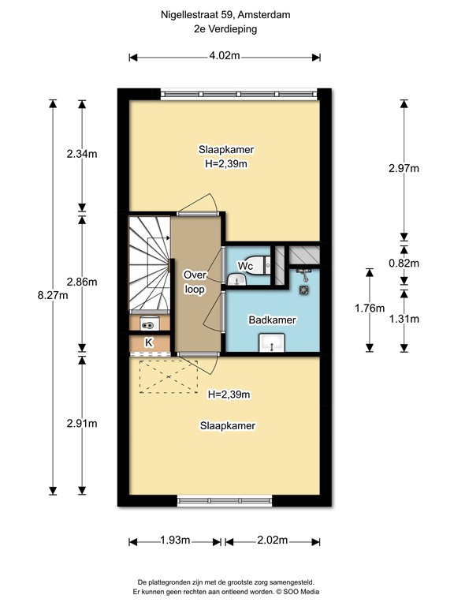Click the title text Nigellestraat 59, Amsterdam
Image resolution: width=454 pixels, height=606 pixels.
click(x=225, y=14)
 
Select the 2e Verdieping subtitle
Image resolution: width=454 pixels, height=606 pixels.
click(x=225, y=29)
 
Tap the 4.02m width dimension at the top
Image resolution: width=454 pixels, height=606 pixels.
click(x=225, y=56)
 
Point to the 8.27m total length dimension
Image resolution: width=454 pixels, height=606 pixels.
click(x=53, y=296)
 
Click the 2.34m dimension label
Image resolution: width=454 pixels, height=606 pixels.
click(x=82, y=155)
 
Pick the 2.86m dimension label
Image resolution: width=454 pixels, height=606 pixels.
click(x=82, y=282)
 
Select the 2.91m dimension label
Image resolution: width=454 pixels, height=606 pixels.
click(x=82, y=423)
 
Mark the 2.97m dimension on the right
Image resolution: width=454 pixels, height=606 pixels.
click(x=404, y=168)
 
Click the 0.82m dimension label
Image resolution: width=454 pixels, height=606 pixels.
click(x=404, y=263)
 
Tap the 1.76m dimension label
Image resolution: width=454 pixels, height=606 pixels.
click(x=368, y=308)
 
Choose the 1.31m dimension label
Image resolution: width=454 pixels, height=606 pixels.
click(x=404, y=319)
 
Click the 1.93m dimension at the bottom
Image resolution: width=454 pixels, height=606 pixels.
click(x=174, y=541)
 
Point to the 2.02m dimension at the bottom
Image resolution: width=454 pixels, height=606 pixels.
click(x=271, y=541)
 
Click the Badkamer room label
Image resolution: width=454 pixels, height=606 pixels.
click(x=272, y=320)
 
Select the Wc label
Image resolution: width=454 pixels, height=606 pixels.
click(x=245, y=267)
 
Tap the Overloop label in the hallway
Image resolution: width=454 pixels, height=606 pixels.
click(x=195, y=282)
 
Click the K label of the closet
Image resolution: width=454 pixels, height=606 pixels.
click(x=148, y=342)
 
